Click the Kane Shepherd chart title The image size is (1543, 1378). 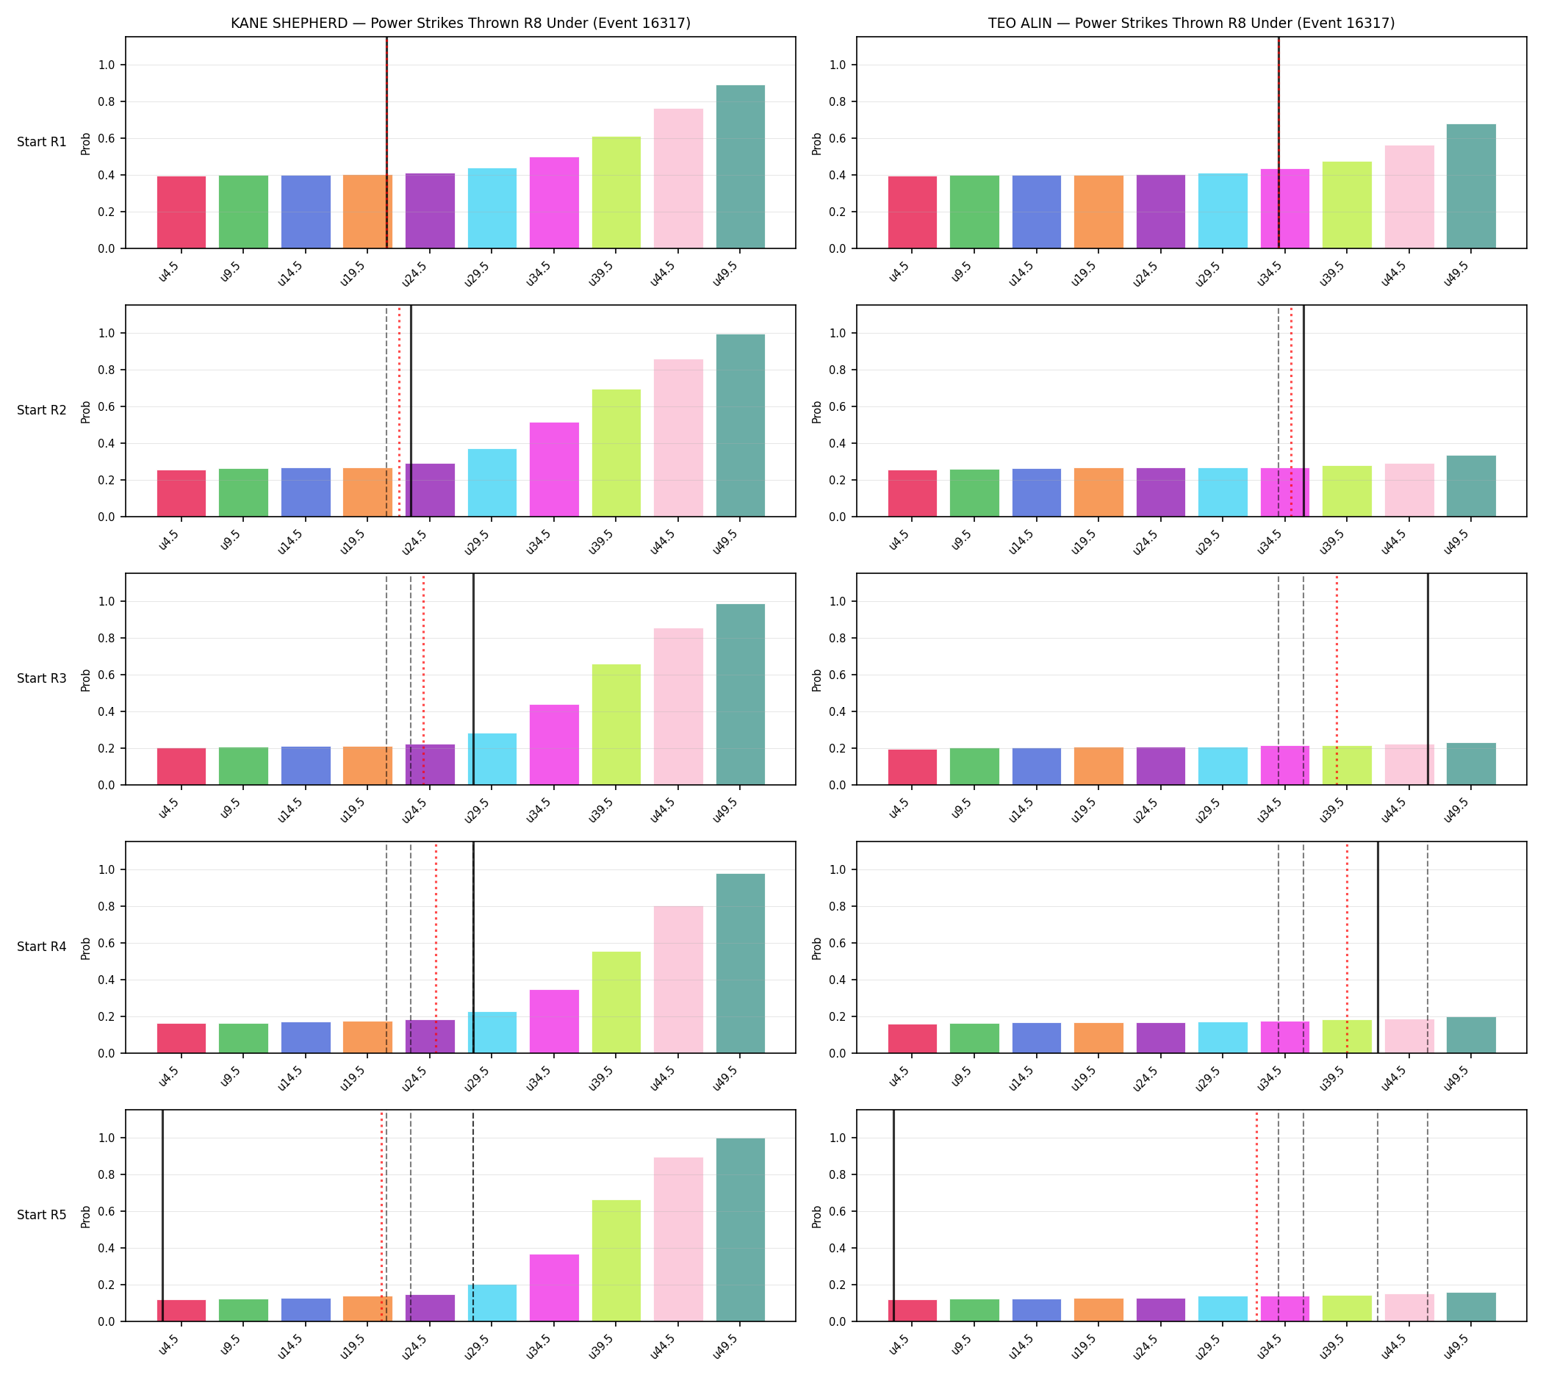point(460,23)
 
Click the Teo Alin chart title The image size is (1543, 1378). point(1191,23)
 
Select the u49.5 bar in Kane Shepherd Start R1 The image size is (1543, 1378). point(740,167)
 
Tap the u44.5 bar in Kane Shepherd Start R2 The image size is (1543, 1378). point(677,437)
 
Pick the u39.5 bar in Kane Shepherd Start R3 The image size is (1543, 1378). point(616,725)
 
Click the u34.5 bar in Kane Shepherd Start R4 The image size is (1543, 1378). point(553,1022)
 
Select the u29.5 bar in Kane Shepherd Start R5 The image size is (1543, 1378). point(492,1303)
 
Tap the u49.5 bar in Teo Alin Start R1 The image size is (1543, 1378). point(1470,186)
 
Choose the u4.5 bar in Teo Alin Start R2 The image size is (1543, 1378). point(912,494)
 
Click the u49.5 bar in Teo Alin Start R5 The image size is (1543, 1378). point(1470,1307)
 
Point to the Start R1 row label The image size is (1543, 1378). point(42,142)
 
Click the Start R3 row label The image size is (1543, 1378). point(42,678)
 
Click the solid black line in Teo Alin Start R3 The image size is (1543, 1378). point(1427,679)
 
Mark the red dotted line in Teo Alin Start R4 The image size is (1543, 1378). point(1346,947)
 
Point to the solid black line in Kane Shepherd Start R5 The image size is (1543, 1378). point(162,1216)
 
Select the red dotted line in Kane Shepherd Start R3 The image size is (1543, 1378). point(422,679)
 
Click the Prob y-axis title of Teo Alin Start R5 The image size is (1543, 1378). point(816,1216)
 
